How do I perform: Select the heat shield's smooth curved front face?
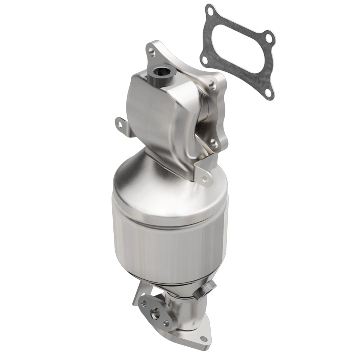tap(151, 119)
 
